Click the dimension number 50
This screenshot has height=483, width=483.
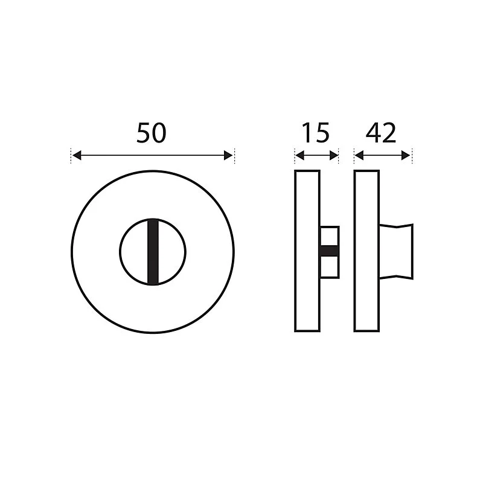(x=152, y=133)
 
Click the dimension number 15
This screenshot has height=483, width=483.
(x=316, y=133)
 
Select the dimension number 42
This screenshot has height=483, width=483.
(x=381, y=133)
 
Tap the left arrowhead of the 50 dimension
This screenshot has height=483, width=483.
(x=77, y=155)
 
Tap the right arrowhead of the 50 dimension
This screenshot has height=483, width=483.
(x=228, y=155)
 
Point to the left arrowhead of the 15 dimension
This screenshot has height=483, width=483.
(x=299, y=156)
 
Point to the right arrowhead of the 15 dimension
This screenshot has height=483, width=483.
(x=334, y=156)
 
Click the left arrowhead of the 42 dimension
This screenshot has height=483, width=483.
(x=359, y=156)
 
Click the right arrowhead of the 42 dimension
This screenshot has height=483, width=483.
(x=406, y=156)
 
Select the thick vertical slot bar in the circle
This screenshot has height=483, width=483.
(x=153, y=252)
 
